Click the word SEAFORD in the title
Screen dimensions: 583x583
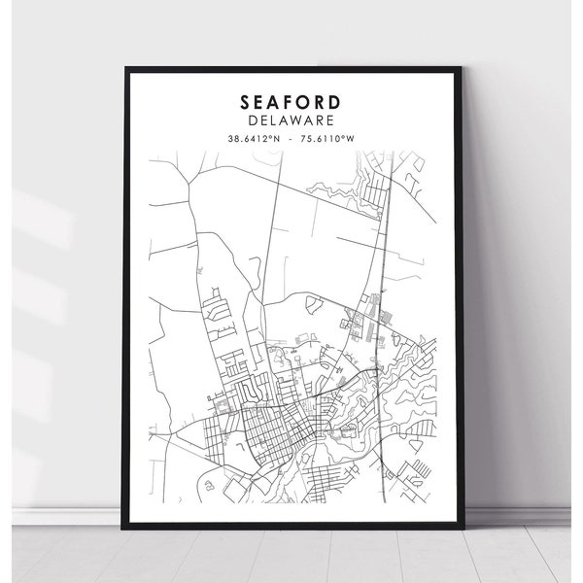pyautogui.click(x=292, y=101)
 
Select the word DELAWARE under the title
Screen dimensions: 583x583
pyautogui.click(x=292, y=120)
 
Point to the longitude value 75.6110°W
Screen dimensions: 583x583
pyautogui.click(x=328, y=139)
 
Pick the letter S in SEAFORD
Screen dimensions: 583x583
pyautogui.click(x=243, y=101)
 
